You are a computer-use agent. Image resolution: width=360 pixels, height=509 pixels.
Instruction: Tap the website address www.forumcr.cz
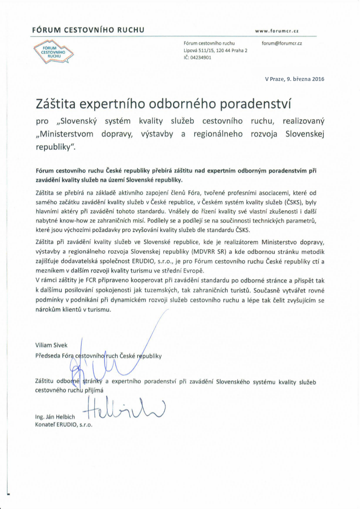click(x=279, y=31)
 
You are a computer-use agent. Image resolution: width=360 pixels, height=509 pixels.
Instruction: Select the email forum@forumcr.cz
click(x=282, y=43)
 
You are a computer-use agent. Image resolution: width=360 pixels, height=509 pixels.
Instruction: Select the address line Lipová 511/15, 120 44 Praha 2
click(x=215, y=50)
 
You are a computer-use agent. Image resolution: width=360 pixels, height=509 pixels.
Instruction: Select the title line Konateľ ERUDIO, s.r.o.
click(x=64, y=425)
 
